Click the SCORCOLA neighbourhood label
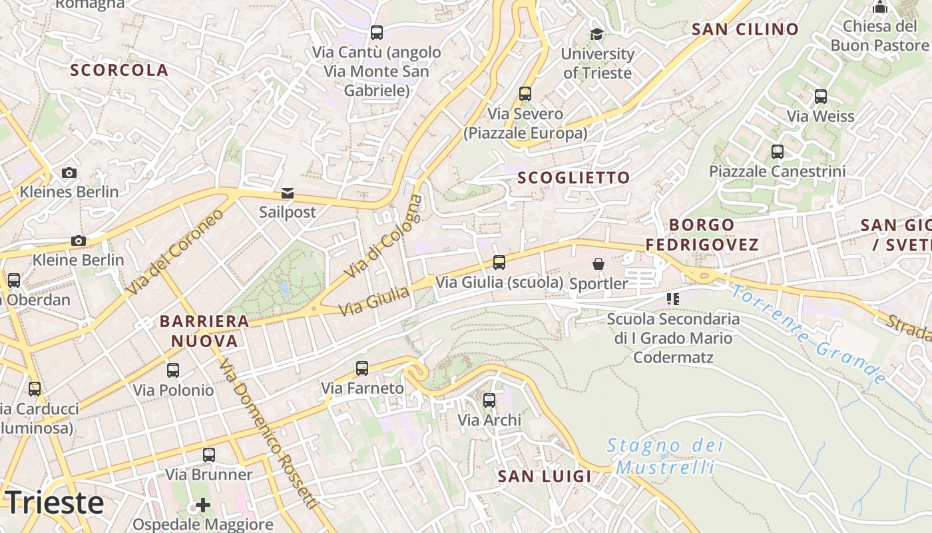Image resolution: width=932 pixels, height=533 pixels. pyautogui.click(x=119, y=70)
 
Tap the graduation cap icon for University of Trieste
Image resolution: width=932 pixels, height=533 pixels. pyautogui.click(x=596, y=34)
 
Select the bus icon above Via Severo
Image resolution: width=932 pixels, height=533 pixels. pyautogui.click(x=525, y=94)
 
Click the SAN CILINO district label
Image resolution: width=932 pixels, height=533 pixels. pyautogui.click(x=745, y=29)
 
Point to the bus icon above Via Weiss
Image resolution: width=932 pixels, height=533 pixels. pyautogui.click(x=820, y=97)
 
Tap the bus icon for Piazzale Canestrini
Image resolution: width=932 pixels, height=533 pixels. pyautogui.click(x=777, y=152)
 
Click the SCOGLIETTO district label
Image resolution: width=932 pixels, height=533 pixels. pyautogui.click(x=573, y=178)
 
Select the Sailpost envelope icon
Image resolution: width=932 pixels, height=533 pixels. pyautogui.click(x=288, y=193)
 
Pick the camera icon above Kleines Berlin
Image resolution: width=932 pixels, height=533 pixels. pyautogui.click(x=69, y=173)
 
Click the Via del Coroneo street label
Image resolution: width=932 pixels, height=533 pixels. pyautogui.click(x=175, y=253)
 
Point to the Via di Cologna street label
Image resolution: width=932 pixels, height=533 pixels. pyautogui.click(x=383, y=237)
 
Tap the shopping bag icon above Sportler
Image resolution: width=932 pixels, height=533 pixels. pyautogui.click(x=598, y=265)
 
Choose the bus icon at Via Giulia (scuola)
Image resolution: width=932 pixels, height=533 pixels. pyautogui.click(x=499, y=263)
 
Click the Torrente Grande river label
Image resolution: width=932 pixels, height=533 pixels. pyautogui.click(x=808, y=334)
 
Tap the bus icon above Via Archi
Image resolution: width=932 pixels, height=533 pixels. pyautogui.click(x=489, y=400)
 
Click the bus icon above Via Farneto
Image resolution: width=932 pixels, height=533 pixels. pyautogui.click(x=362, y=368)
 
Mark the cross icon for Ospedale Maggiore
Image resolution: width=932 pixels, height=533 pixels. pyautogui.click(x=203, y=505)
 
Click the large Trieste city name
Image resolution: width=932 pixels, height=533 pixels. pyautogui.click(x=55, y=502)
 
